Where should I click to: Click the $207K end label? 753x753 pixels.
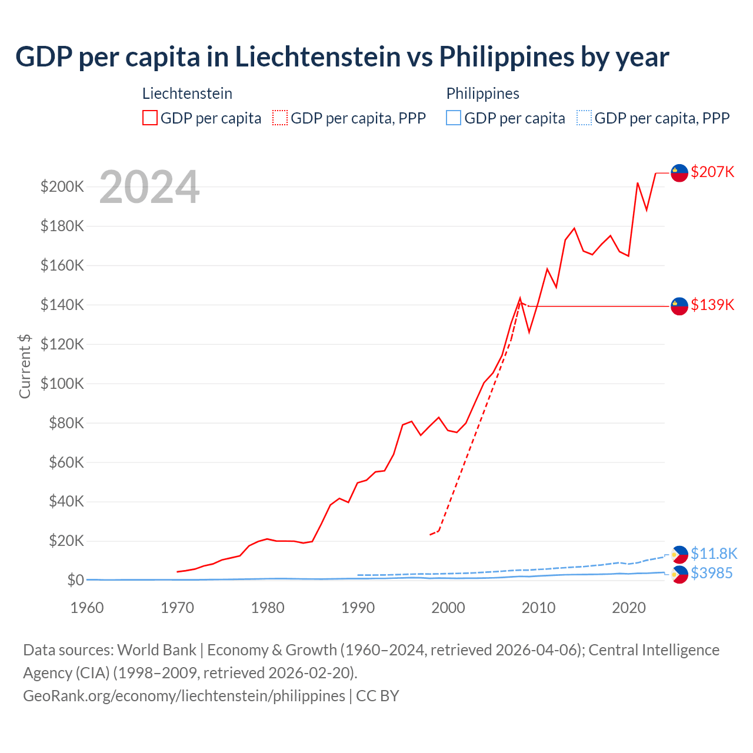712,172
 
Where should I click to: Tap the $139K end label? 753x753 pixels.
712,305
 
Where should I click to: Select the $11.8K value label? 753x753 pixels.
714,554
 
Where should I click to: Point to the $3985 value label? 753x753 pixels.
711,573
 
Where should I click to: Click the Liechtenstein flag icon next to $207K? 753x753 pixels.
679,173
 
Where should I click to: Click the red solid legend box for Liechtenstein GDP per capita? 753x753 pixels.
150,118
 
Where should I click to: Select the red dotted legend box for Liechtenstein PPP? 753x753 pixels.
280,118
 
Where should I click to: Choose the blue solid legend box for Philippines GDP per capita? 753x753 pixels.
454,118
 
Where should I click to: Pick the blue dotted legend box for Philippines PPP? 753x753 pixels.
584,118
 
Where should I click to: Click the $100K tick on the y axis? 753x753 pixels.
62,384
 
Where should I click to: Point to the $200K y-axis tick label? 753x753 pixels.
62,187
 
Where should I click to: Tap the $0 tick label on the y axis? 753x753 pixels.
75,580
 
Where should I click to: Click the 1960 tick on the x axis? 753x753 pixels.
87,608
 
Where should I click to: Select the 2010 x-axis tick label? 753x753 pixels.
538,608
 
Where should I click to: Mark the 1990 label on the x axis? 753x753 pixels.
358,608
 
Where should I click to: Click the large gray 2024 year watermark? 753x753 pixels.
149,188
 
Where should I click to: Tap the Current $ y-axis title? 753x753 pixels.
25,366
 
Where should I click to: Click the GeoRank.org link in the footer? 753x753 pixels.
184,695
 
